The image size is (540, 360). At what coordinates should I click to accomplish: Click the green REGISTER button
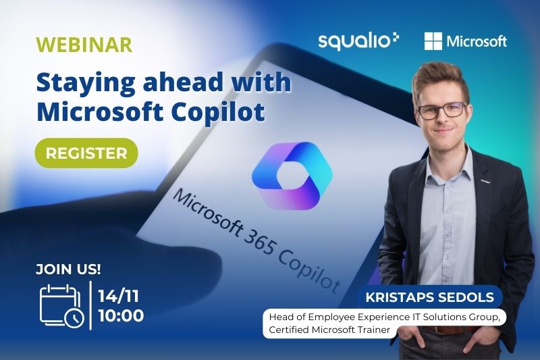click(86, 153)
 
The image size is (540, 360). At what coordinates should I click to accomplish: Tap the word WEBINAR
click(84, 45)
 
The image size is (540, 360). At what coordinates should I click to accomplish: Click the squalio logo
click(358, 41)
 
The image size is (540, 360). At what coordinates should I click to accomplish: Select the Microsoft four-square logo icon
click(433, 41)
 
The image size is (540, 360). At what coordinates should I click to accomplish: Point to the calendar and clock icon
click(62, 306)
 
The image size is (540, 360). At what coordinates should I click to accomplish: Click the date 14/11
click(119, 296)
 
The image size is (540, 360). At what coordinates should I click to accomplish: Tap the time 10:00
click(121, 315)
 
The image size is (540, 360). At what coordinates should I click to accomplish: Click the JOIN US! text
click(68, 269)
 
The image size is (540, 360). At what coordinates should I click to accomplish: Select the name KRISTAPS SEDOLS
click(430, 297)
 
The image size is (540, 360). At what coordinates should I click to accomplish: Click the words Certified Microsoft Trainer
click(329, 330)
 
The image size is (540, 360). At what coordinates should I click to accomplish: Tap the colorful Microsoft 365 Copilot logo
click(292, 176)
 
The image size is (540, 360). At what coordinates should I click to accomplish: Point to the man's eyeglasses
click(443, 110)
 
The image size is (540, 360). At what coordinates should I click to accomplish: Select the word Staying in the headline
click(86, 83)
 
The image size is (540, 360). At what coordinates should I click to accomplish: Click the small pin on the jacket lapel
click(485, 180)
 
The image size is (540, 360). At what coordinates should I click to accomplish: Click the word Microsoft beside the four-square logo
click(477, 41)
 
